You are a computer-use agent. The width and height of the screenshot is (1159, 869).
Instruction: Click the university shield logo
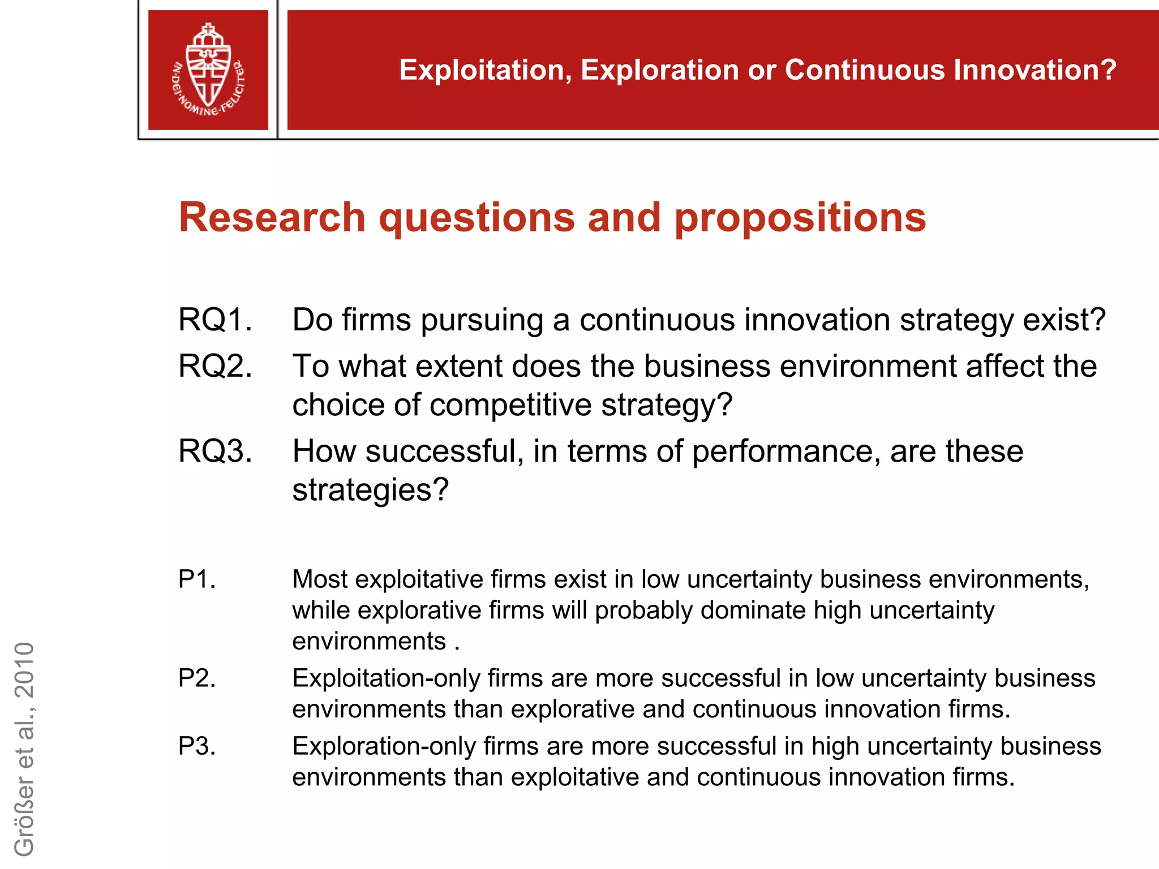208,70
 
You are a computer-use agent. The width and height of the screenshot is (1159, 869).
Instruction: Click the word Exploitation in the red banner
485,70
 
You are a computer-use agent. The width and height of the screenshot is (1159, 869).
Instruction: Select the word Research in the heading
272,217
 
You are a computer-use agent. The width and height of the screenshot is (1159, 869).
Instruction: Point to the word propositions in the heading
800,218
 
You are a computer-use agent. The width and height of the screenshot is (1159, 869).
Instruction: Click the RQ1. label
215,320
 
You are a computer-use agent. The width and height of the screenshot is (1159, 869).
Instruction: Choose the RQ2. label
215,366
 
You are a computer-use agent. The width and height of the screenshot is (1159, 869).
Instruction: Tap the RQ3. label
215,451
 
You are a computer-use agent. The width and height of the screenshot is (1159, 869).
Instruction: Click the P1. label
197,579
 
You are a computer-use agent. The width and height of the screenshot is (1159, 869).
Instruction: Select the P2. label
197,678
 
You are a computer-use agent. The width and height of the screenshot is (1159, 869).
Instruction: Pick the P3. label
197,746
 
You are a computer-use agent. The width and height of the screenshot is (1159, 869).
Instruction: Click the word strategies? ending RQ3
370,490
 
